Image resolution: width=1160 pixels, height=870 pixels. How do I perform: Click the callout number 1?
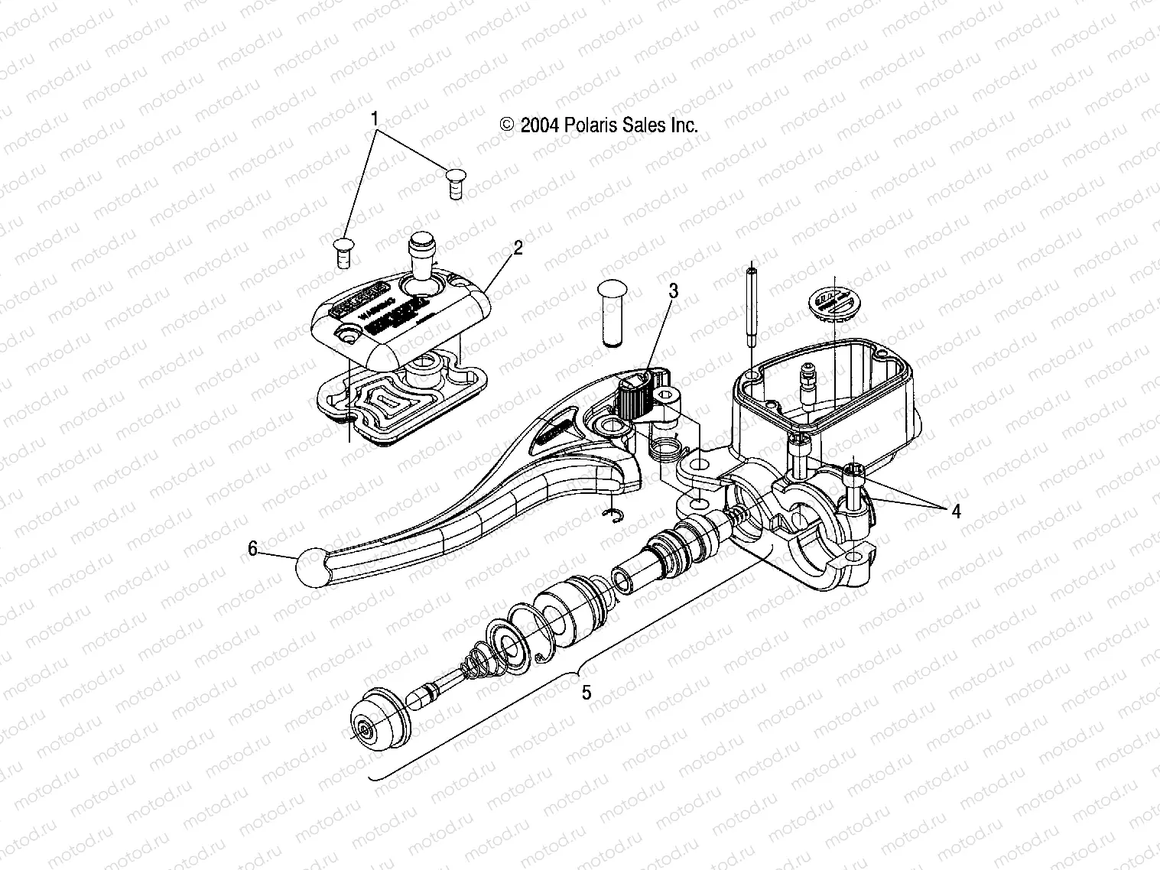[x=375, y=118]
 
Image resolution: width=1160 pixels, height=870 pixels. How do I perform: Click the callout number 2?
[x=518, y=248]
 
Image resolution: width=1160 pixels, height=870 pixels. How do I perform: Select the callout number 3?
[x=673, y=291]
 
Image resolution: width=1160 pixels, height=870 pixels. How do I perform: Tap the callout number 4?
[x=955, y=511]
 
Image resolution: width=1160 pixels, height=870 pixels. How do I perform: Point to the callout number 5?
[x=586, y=693]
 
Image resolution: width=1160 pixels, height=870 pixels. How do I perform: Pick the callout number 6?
[x=252, y=548]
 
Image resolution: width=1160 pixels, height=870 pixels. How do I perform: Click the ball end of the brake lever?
[x=312, y=568]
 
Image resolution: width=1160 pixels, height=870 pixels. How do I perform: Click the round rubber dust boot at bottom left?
[x=378, y=717]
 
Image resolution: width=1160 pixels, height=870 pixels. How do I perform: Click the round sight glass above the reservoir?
[x=834, y=303]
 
